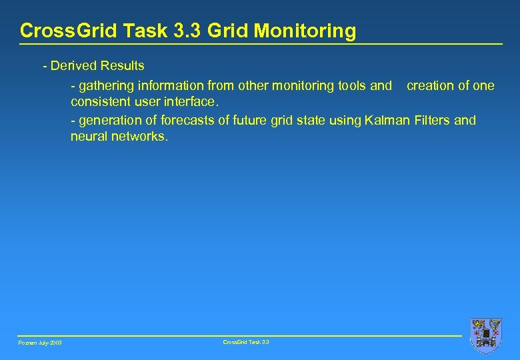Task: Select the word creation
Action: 430,86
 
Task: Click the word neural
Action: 89,137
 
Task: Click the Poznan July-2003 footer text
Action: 39,343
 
